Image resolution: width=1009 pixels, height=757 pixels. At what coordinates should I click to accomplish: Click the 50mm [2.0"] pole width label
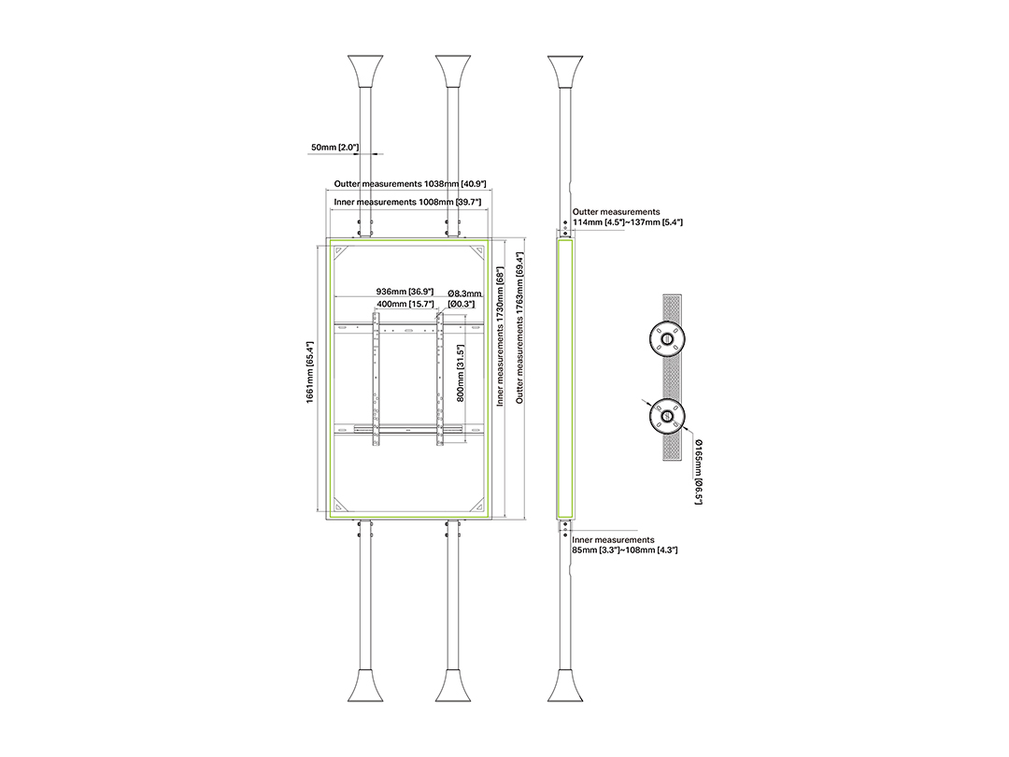[x=334, y=148]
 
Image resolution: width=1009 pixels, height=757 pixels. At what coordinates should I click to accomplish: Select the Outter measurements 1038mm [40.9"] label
[x=410, y=184]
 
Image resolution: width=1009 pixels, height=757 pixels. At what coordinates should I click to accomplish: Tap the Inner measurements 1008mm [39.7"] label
[x=407, y=202]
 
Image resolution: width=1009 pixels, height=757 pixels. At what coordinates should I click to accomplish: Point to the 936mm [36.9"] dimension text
[x=405, y=292]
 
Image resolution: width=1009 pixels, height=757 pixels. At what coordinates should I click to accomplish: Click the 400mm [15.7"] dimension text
[x=405, y=303]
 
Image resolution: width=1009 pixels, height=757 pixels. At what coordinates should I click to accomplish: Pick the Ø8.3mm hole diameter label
[x=464, y=294]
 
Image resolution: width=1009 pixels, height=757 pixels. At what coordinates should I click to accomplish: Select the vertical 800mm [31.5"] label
[x=460, y=373]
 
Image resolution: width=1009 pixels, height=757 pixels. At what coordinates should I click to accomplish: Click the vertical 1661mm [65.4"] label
[x=310, y=372]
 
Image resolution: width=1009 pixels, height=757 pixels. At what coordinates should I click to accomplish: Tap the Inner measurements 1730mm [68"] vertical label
[x=499, y=336]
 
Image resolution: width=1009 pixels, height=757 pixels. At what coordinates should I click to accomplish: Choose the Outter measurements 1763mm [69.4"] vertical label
[x=519, y=327]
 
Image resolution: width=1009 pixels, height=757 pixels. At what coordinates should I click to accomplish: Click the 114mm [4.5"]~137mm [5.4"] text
[x=628, y=222]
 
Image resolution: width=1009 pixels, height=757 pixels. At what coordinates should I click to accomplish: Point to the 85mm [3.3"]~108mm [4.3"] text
[x=624, y=550]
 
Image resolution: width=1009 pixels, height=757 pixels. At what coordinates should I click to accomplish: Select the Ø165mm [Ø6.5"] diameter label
[x=698, y=472]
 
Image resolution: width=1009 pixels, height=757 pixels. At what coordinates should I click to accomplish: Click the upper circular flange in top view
[x=667, y=338]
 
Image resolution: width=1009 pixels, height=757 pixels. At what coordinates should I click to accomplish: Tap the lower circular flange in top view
[x=667, y=416]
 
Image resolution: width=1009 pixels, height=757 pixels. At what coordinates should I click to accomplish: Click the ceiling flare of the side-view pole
[x=565, y=72]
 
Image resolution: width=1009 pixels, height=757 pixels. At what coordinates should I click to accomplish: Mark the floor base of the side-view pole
[x=565, y=685]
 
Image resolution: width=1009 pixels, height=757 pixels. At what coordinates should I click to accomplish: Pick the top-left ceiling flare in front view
[x=365, y=72]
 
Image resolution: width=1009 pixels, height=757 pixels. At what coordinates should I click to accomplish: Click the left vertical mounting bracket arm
[x=376, y=379]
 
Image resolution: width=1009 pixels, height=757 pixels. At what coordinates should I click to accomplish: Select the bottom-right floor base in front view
[x=453, y=685]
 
